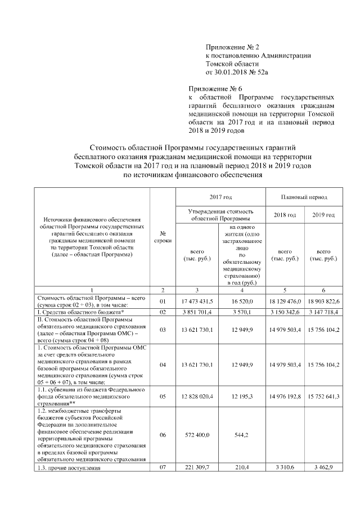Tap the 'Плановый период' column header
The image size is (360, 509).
click(x=304, y=197)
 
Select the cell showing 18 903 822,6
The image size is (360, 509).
click(x=323, y=301)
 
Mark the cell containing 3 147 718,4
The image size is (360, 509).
click(x=323, y=311)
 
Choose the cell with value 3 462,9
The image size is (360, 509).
click(x=323, y=467)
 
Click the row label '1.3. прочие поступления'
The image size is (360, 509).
click(x=69, y=468)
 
